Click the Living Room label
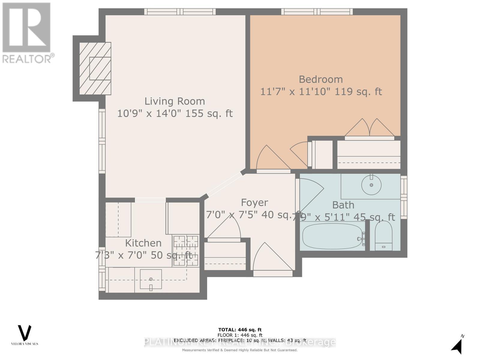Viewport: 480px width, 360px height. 175,101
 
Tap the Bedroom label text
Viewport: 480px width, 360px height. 321,79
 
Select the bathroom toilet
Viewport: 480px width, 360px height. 384,236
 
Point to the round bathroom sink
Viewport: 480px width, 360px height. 371,185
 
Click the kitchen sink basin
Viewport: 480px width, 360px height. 151,279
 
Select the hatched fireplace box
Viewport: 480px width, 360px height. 95,68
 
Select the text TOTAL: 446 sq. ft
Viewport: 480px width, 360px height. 240,330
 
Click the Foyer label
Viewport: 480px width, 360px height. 254,202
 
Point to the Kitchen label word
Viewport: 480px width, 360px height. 143,243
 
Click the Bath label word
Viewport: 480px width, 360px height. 343,205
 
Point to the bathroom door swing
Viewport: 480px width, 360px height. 310,193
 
